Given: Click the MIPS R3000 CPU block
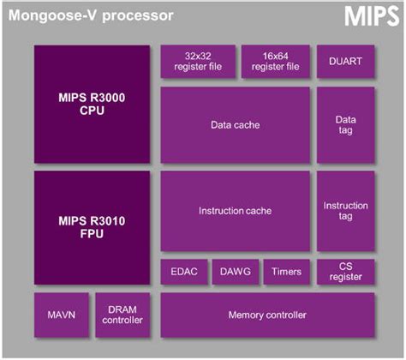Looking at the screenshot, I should click(x=93, y=103).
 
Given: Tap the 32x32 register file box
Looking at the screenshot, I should click(x=197, y=61).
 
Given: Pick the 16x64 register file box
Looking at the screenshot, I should click(x=275, y=61).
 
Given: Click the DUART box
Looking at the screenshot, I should click(x=345, y=61).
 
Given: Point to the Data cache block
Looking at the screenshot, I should click(x=235, y=125).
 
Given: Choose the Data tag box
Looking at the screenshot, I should click(x=345, y=125).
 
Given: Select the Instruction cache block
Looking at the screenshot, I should click(x=235, y=211).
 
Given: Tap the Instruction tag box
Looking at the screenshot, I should click(x=345, y=211).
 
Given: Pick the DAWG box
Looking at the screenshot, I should click(x=233, y=273).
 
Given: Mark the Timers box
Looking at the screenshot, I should click(x=285, y=273).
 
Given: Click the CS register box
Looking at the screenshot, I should click(x=345, y=273).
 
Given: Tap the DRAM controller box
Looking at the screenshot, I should click(x=122, y=315).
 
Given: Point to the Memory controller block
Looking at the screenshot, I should click(x=267, y=315).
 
